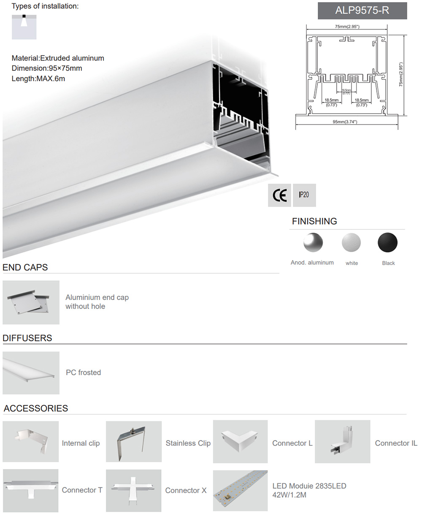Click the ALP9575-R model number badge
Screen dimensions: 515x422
[362, 11]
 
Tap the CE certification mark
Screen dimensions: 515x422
[279, 195]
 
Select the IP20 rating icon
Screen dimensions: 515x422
[304, 195]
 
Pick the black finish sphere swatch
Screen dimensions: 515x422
[387, 243]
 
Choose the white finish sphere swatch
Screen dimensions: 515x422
[351, 243]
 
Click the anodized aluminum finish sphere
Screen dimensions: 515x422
[313, 243]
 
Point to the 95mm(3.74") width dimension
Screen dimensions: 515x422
[345, 122]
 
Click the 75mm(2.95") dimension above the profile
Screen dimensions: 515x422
[347, 27]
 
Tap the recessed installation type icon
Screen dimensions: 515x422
[24, 26]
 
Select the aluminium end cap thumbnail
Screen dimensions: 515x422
[31, 302]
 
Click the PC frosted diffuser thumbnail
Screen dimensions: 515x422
[31, 373]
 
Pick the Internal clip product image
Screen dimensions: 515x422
[31, 442]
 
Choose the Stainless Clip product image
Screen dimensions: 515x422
[133, 442]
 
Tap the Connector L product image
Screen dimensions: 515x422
[240, 442]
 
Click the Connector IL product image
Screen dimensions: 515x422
[342, 442]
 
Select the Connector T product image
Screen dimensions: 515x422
[31, 490]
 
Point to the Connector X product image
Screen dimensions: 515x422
[133, 490]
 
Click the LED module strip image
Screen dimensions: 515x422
[240, 490]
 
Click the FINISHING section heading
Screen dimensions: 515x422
[314, 221]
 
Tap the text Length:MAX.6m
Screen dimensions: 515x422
[38, 78]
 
